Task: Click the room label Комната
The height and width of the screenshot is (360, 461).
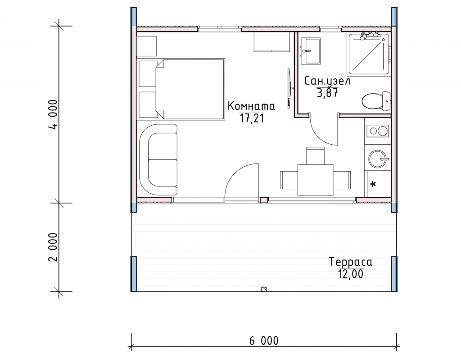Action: coord(251,106)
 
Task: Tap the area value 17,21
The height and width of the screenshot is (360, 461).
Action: coord(252,118)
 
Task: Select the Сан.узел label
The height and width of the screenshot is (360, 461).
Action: coord(327,81)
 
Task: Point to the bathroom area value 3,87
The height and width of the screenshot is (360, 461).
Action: coord(327,93)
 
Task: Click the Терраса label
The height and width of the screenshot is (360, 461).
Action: coord(350,262)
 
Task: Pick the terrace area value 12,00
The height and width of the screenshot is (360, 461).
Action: coord(351,274)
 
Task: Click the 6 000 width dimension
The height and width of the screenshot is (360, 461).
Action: coord(264,341)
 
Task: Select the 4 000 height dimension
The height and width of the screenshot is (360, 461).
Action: coord(54,114)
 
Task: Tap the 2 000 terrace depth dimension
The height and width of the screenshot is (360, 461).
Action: coord(54,247)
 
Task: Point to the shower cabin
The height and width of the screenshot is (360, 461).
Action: coord(369,54)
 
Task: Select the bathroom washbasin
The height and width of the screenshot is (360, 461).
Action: coord(311,50)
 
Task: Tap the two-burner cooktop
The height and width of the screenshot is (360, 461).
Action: coord(378,131)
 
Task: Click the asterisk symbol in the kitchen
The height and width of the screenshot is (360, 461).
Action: coord(373,185)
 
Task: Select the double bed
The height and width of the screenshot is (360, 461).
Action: coord(190,89)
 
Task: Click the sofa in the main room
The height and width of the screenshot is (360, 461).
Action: coord(159,159)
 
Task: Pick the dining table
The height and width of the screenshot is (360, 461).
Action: coord(315,180)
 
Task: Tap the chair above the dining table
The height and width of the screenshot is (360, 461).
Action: coord(315,156)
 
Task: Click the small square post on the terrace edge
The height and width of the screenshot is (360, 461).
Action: coord(264,289)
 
